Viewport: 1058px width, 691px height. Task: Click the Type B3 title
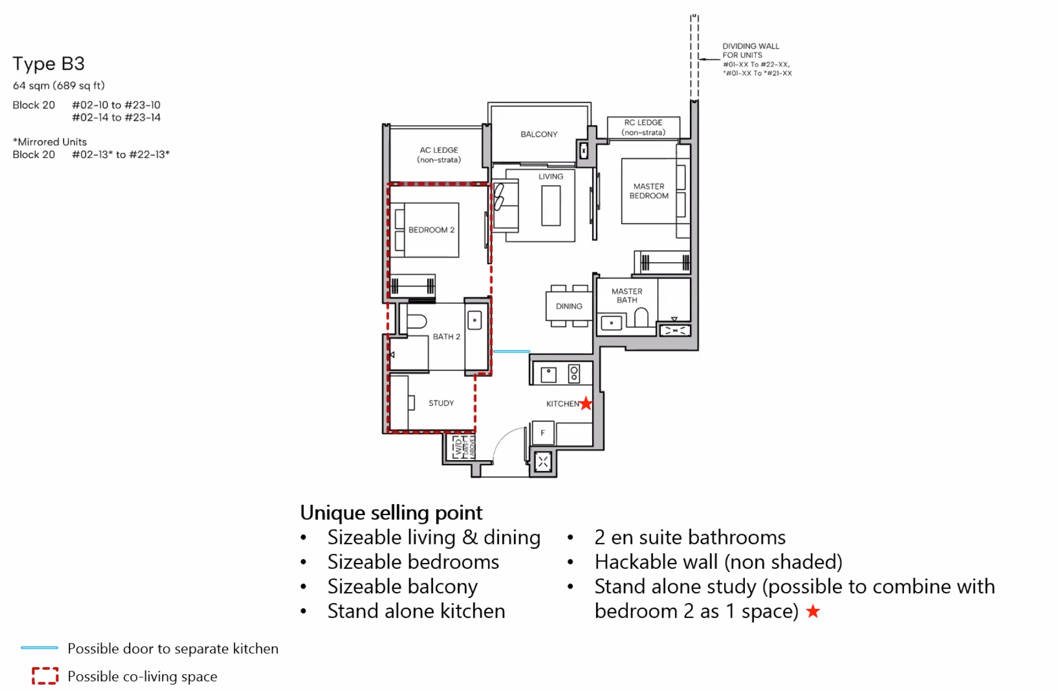(x=49, y=64)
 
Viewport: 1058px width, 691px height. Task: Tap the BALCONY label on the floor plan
(x=538, y=134)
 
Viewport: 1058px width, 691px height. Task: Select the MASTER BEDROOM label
(x=648, y=191)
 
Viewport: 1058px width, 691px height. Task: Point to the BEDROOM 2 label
(x=431, y=230)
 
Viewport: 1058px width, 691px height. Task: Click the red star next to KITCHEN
(x=586, y=403)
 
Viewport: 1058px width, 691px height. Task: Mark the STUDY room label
(x=441, y=403)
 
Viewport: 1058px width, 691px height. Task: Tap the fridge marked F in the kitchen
(x=543, y=433)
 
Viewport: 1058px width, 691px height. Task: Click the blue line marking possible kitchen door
(x=511, y=351)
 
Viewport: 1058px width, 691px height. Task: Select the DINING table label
(x=568, y=306)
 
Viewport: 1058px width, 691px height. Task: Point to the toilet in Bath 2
(x=416, y=321)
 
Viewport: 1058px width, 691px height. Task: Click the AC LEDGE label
(x=439, y=155)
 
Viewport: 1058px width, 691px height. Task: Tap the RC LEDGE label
(x=643, y=127)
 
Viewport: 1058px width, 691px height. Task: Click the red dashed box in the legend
(x=45, y=675)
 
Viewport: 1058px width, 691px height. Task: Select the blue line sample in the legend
(x=39, y=648)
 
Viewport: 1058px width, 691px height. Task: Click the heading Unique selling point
(x=391, y=513)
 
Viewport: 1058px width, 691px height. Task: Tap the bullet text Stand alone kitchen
(x=416, y=611)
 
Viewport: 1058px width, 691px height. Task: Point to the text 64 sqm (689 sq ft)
(x=58, y=86)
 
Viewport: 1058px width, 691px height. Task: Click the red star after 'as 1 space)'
(x=813, y=611)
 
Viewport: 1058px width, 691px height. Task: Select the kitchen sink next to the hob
(x=548, y=374)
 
